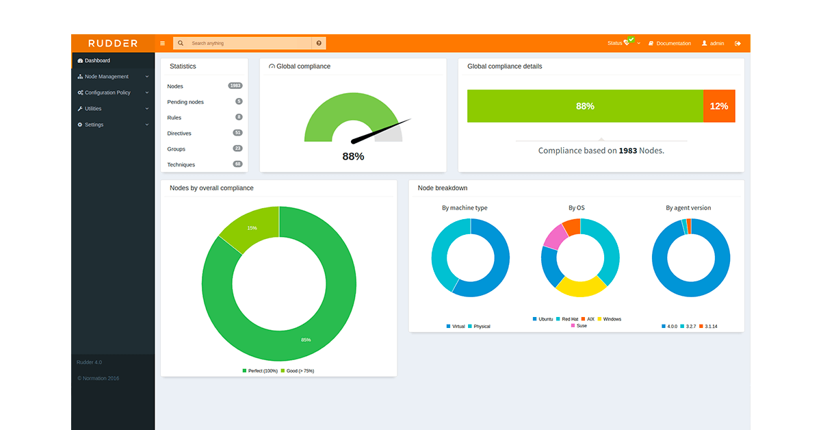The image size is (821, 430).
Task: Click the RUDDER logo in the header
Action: [113, 43]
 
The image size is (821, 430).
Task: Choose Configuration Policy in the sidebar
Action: [107, 92]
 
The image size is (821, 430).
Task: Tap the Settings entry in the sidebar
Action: [94, 125]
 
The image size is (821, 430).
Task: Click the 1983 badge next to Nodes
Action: [235, 86]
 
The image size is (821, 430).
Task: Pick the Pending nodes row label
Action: [185, 102]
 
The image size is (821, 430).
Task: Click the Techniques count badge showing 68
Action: [237, 164]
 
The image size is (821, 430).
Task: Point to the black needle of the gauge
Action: [380, 131]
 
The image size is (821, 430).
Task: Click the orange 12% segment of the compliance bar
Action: [719, 106]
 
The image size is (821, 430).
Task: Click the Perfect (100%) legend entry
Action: [260, 370]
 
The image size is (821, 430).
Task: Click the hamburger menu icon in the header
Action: [163, 43]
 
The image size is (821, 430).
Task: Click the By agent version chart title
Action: [688, 207]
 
